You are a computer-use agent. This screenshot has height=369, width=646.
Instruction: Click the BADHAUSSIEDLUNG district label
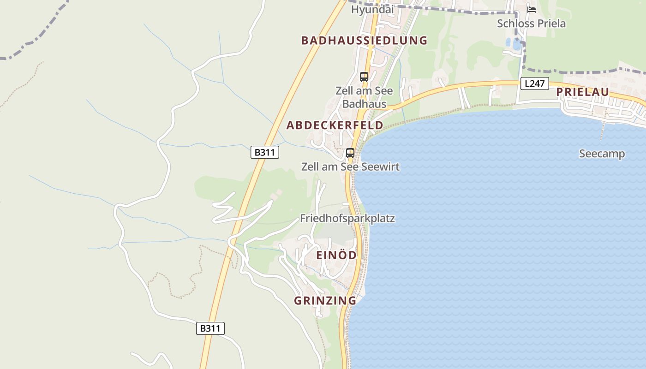click(364, 41)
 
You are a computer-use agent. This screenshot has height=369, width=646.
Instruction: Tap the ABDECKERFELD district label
click(335, 125)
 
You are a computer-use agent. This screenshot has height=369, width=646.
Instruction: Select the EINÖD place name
click(336, 256)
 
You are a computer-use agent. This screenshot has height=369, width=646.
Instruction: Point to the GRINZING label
click(325, 301)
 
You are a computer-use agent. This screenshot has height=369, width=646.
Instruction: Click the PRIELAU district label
click(582, 92)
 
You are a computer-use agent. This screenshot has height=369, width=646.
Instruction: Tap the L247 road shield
click(534, 84)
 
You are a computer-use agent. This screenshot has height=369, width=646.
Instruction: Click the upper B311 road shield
click(265, 152)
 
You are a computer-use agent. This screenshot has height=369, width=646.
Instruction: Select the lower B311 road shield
click(210, 328)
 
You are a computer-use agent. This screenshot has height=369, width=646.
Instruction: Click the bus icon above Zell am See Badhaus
click(364, 77)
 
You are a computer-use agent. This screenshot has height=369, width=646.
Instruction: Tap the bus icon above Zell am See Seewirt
click(350, 153)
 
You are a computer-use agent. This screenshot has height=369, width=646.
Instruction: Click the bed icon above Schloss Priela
click(532, 10)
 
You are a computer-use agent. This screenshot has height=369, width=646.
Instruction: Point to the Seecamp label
click(602, 154)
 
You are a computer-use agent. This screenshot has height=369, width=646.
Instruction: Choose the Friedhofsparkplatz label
click(347, 219)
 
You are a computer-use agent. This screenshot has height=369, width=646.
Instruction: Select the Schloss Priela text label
click(531, 24)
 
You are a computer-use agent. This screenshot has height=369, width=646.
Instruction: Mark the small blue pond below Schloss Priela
click(515, 44)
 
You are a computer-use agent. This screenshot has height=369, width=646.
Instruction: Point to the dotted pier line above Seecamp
click(602, 131)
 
